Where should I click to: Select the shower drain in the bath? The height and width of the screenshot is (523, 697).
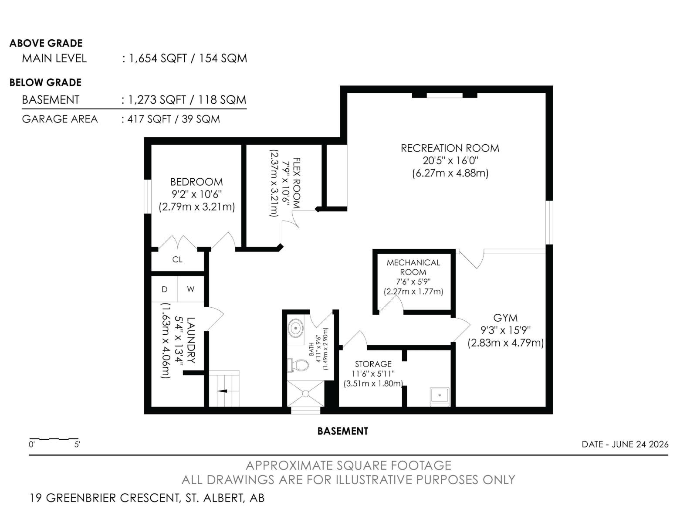(x=305, y=394)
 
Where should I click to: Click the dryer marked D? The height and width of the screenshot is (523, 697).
(x=165, y=289)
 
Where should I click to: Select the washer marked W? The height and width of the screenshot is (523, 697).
(x=190, y=289)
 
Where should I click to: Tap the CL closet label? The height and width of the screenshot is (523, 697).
(x=177, y=260)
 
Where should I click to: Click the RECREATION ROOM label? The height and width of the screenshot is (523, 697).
(x=450, y=148)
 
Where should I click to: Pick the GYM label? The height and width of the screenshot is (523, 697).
(x=505, y=318)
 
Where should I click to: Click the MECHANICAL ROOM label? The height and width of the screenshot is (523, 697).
(x=413, y=267)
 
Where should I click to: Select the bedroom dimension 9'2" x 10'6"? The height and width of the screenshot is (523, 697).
(x=196, y=194)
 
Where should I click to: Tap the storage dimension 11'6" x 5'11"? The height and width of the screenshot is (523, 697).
(x=373, y=374)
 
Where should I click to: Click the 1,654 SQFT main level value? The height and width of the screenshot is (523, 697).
(x=158, y=58)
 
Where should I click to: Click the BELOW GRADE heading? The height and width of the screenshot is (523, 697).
(x=45, y=82)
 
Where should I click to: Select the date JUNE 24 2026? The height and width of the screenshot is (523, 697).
(x=640, y=444)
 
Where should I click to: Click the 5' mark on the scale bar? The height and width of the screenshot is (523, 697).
(x=77, y=445)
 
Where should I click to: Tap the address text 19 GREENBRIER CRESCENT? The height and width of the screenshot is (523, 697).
(x=105, y=498)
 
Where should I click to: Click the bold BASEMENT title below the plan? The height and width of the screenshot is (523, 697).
(x=343, y=431)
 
